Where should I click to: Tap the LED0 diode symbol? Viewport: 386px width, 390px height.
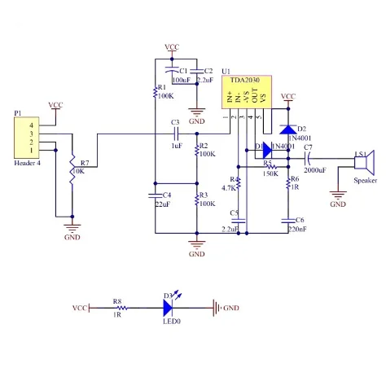(169, 308)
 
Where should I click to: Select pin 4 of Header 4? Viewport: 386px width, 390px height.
(32, 125)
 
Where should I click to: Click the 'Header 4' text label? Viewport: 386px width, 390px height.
(27, 164)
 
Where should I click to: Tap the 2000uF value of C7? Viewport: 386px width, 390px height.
(315, 170)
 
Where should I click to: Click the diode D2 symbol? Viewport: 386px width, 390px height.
(287, 129)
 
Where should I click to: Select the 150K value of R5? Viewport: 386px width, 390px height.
(270, 173)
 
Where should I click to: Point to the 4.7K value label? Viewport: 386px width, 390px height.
(228, 187)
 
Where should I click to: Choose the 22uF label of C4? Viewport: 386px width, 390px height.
(161, 204)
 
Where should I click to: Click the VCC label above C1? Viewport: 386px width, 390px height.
(171, 47)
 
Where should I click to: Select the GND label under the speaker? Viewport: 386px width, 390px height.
(337, 204)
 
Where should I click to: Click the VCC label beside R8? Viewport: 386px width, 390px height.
(80, 309)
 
